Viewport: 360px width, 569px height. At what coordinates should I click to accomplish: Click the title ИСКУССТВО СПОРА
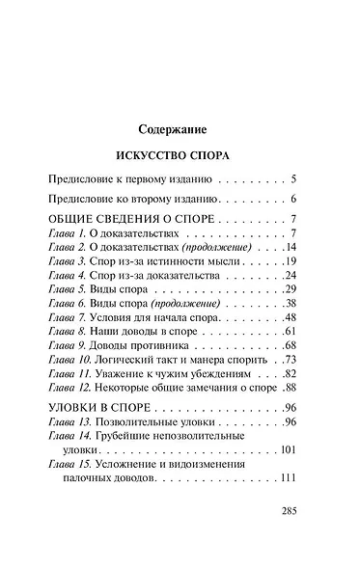180,154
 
